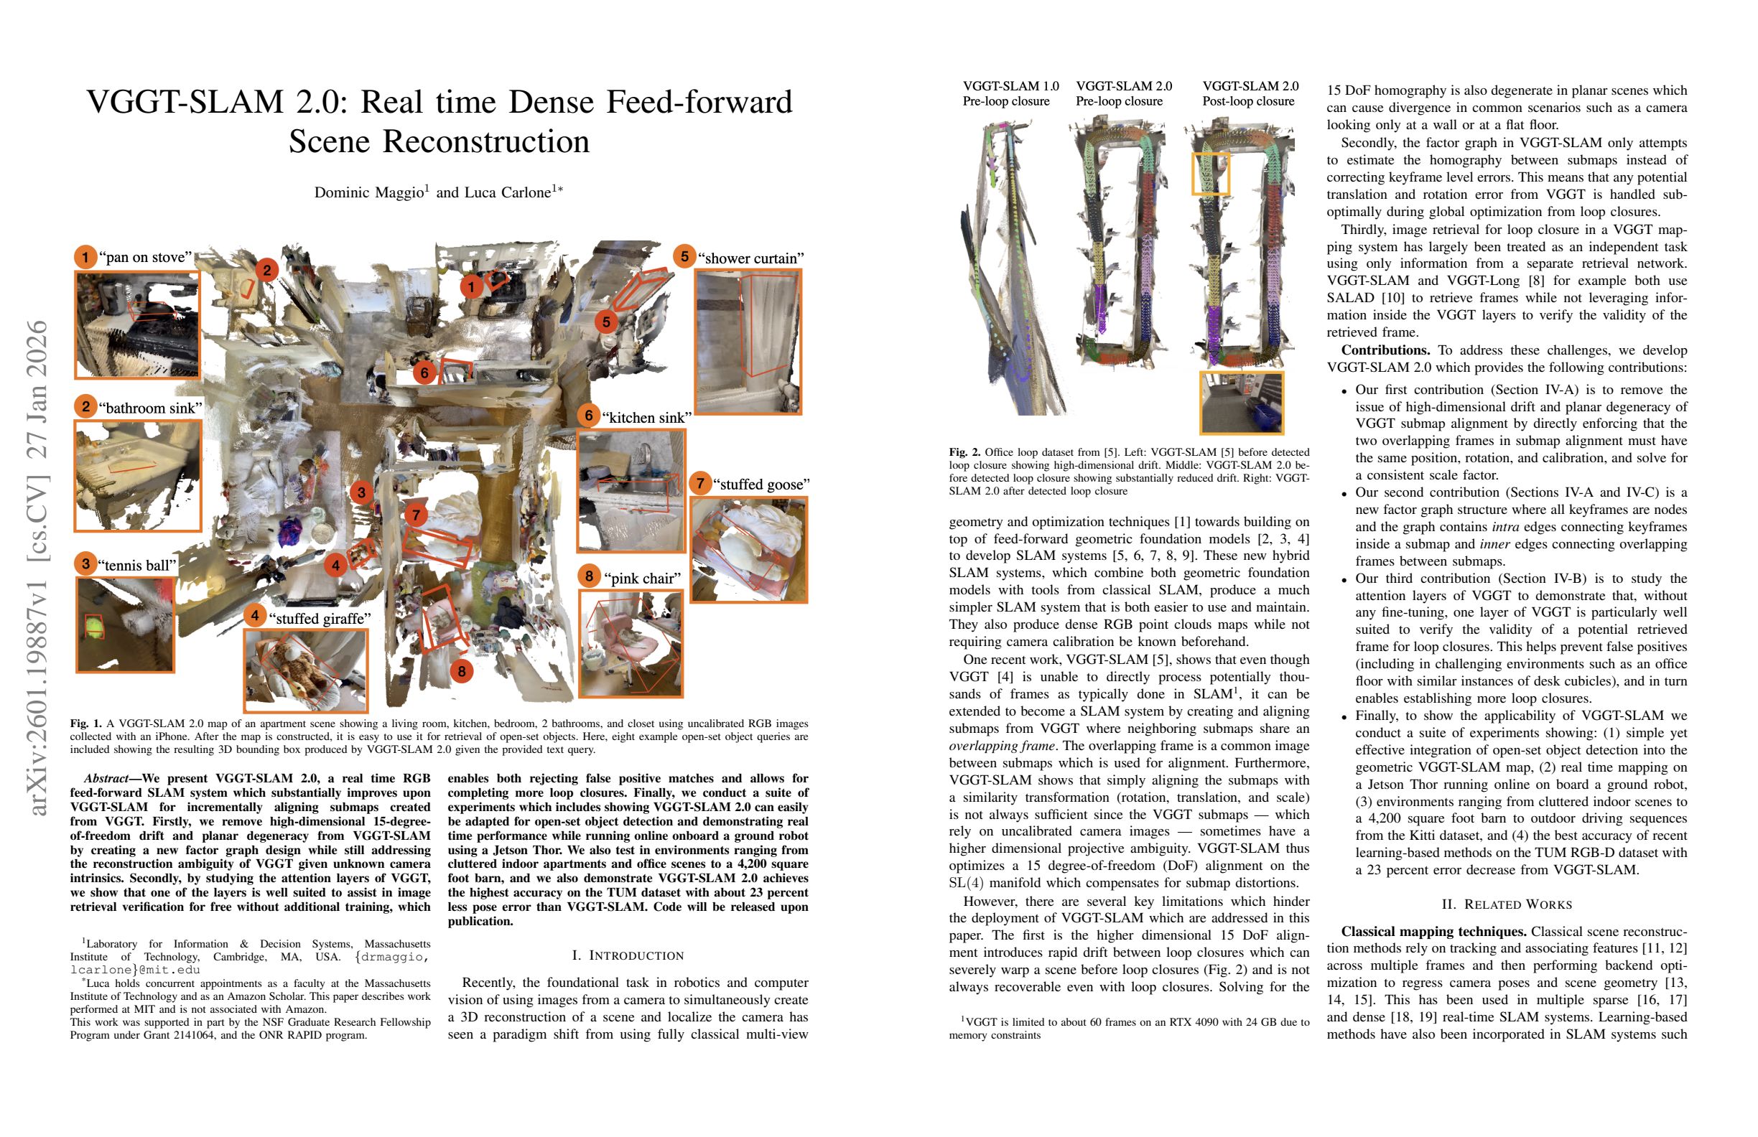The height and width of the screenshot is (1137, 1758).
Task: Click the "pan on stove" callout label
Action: point(149,257)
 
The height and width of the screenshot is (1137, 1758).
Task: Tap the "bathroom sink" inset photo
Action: point(137,475)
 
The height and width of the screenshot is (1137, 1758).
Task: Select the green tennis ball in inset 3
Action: point(93,627)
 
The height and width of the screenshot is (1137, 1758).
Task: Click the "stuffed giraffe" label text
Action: point(319,618)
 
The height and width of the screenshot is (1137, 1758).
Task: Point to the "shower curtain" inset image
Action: point(748,342)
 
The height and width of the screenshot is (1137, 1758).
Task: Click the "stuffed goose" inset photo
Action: point(748,549)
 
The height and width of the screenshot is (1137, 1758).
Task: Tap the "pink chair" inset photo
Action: point(631,643)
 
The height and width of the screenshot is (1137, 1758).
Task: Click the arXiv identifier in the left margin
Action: point(37,568)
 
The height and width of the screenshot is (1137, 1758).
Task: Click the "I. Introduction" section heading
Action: point(628,955)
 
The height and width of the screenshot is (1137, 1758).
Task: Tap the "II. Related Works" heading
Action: point(1507,904)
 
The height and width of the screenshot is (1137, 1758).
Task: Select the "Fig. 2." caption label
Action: point(964,451)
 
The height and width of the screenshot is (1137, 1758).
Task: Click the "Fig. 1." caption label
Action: point(85,724)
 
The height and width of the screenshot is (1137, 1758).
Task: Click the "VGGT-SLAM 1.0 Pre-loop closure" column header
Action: point(1010,94)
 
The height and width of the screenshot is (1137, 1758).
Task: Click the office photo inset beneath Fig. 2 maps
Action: point(1242,403)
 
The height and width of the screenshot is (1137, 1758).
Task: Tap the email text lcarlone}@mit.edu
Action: point(135,970)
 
